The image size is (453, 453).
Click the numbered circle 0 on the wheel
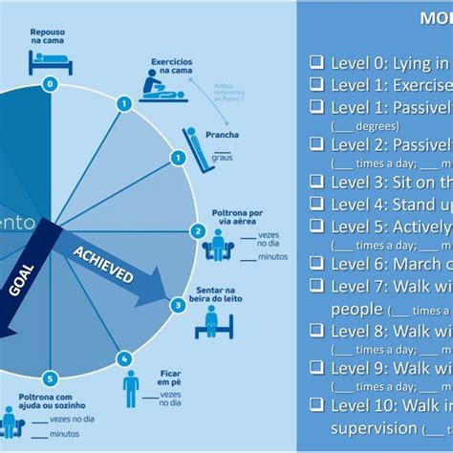coord(49,84)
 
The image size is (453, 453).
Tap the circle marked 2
coord(198,230)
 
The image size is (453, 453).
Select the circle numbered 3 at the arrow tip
coord(179,306)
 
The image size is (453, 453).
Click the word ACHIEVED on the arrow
coord(103,260)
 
